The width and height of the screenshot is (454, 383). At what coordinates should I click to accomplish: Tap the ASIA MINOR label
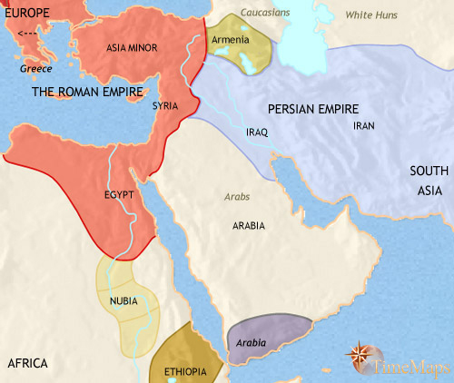pos(128,47)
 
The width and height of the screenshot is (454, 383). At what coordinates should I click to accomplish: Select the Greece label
pos(37,68)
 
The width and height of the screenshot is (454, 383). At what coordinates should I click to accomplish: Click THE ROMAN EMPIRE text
pos(85,93)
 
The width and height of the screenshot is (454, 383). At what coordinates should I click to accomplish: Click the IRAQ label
pos(258,132)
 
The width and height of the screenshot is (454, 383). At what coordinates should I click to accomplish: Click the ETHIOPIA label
pos(186,372)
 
